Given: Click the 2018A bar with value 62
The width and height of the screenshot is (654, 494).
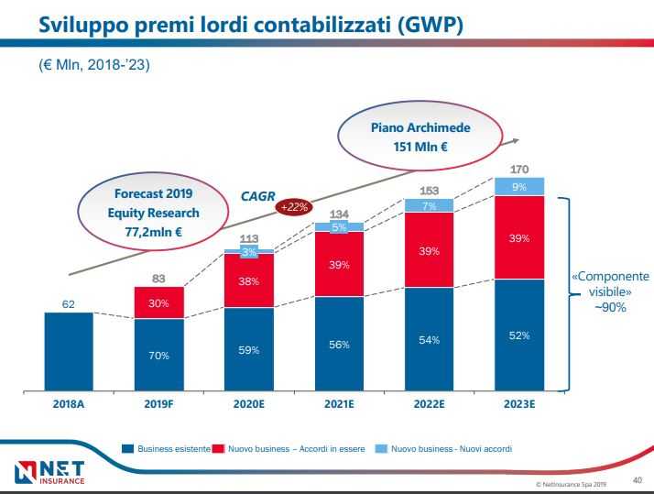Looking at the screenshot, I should coord(69,352).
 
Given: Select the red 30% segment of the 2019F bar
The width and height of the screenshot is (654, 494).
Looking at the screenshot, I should coord(158,302).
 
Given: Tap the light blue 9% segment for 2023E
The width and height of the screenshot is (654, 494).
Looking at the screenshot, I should coord(518,186).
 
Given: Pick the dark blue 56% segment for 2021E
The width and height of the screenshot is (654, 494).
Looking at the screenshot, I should coord(339,345).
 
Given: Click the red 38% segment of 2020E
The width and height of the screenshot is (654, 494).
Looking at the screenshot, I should coord(249,281).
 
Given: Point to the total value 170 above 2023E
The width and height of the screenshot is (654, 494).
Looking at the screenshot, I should coord(518,169).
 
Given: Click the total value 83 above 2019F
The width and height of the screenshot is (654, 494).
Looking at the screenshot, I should coord(158,279).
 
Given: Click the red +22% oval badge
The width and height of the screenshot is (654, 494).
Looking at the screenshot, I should coord(295,207).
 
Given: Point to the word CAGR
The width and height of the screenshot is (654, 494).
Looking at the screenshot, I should coord(257,196).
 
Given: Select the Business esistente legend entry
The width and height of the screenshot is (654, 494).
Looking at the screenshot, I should coord(167,449).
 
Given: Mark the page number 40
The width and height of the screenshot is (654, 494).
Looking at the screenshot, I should coord(638,478).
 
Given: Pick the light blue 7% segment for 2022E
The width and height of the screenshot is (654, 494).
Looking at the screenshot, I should coord(429,206).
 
